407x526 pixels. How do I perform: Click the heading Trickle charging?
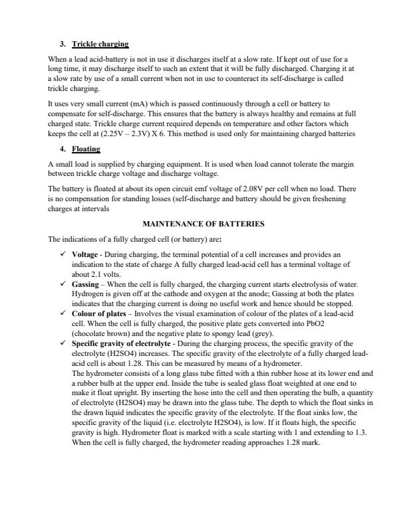coord(100,44)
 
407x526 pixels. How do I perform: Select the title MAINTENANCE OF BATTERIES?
coord(203,224)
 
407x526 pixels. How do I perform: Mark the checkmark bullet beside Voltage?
coord(63,254)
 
